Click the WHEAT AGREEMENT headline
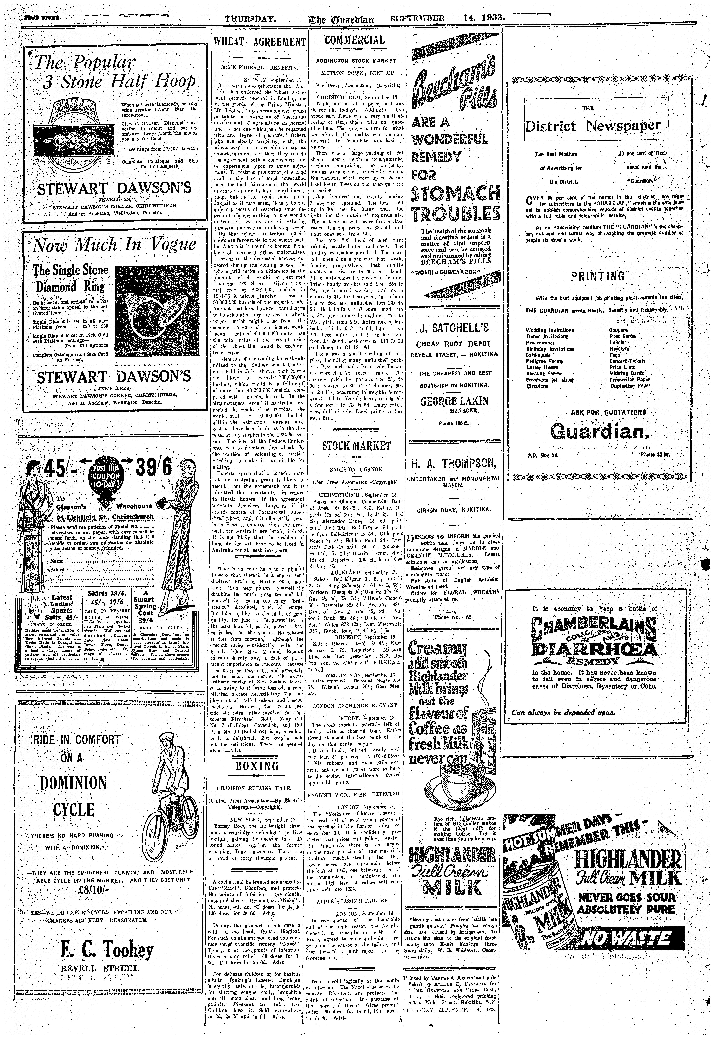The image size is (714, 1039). (260, 43)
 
